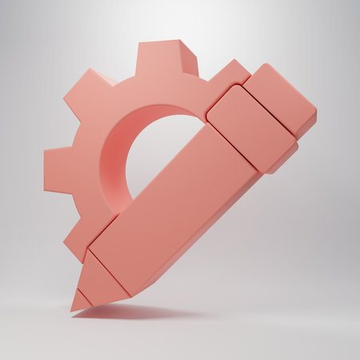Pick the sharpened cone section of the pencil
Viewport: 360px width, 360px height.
pos(100,280)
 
